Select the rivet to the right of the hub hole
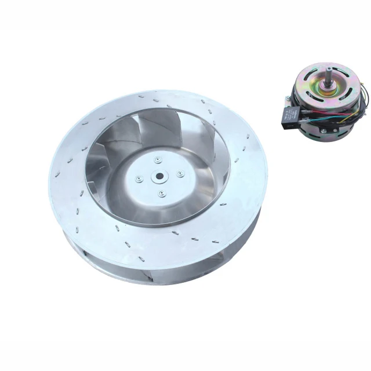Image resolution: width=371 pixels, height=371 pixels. tap(181, 173)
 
